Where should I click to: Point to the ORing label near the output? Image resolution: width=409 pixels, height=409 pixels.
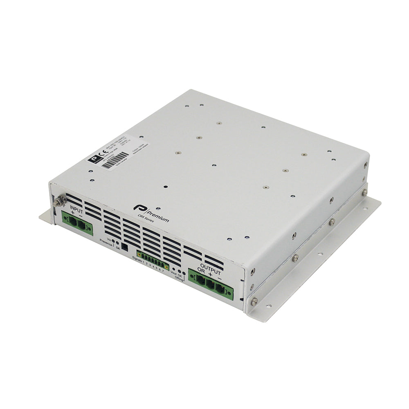point(178,278)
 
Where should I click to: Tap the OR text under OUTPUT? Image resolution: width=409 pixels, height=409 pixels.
point(200,270)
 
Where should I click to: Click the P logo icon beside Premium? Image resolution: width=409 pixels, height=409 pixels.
point(137,208)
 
